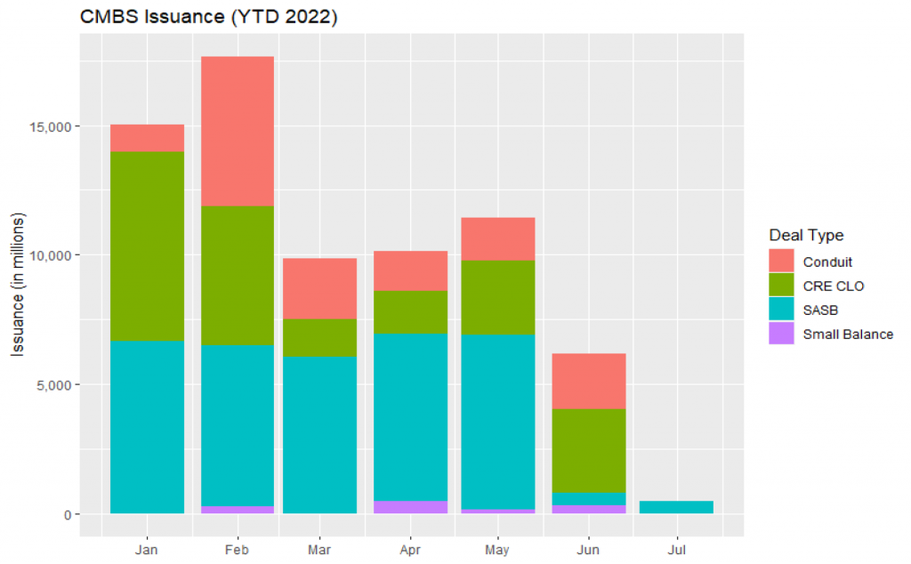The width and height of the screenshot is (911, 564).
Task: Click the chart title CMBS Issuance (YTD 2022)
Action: tap(208, 18)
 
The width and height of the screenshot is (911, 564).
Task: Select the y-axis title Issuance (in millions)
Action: tap(18, 286)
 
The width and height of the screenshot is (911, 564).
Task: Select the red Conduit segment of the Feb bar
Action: tap(237, 131)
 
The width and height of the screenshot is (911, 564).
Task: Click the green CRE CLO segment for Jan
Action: tap(147, 246)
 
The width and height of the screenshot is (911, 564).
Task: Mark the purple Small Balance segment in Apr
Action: tap(411, 507)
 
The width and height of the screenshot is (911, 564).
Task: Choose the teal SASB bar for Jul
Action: tap(676, 507)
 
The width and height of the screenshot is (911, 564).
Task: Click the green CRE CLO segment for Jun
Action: tap(588, 450)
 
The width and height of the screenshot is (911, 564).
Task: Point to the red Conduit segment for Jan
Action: tap(147, 138)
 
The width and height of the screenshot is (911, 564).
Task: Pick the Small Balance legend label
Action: tap(847, 334)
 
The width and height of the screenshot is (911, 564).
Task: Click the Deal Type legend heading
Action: tap(806, 236)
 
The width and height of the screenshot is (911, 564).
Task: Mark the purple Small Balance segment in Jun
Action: tap(588, 509)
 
